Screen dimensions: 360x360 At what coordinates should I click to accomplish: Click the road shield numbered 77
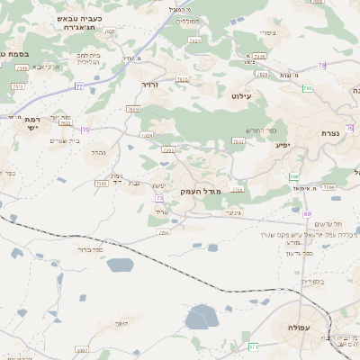point(79,86)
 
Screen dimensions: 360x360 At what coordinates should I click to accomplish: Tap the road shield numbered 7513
point(17,85)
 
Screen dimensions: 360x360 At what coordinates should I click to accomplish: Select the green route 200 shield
point(307,88)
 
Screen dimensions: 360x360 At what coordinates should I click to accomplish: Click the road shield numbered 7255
point(164,233)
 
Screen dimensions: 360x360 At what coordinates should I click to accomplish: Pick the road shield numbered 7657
point(238,140)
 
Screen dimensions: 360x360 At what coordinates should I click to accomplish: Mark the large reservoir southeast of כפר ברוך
point(120,265)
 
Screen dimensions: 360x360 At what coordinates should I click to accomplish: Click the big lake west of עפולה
point(202,317)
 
